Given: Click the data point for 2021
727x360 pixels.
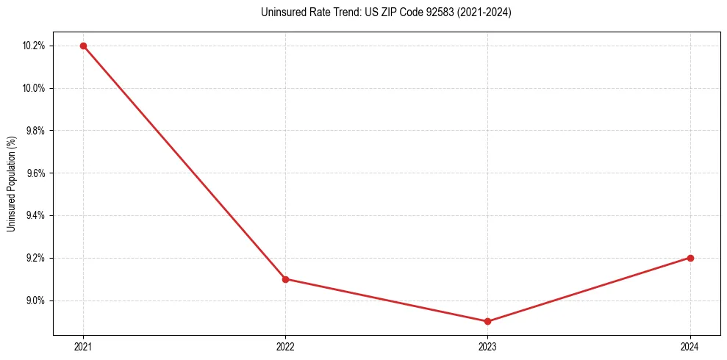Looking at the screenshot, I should click(83, 46).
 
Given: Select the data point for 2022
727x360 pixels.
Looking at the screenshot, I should click(285, 279).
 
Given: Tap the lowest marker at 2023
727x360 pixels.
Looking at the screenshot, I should click(487, 321).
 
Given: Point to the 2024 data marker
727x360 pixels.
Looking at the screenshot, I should click(690, 258).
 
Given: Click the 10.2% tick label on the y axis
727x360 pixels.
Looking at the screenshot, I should click(34, 46).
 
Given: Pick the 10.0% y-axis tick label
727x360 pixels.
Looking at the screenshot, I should click(34, 88).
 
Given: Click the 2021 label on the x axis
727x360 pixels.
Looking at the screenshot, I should click(83, 346).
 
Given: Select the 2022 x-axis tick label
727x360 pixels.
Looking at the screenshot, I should click(285, 346).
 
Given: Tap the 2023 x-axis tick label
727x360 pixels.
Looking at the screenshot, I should click(487, 346).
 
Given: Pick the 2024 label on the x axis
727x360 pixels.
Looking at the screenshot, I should click(690, 346).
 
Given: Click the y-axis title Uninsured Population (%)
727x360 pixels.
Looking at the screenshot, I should click(12, 184).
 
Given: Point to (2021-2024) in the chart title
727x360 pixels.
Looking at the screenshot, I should click(481, 12).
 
